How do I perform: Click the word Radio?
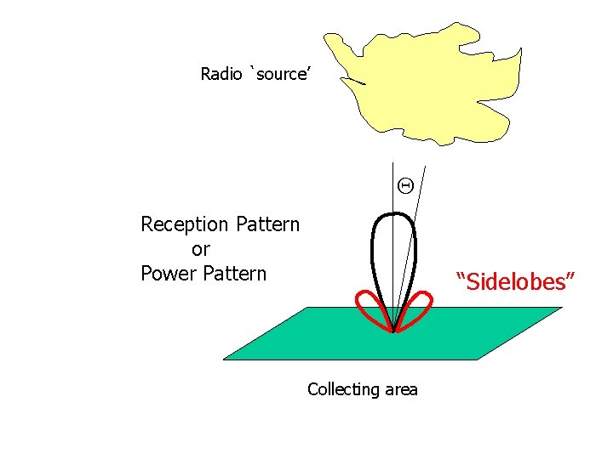(221, 74)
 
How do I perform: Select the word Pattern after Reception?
(266, 225)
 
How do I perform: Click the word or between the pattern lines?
(201, 250)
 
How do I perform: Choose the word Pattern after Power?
(234, 274)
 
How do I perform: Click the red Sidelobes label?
(517, 281)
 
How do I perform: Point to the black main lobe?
(375, 255)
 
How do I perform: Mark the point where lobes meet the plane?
(393, 331)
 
